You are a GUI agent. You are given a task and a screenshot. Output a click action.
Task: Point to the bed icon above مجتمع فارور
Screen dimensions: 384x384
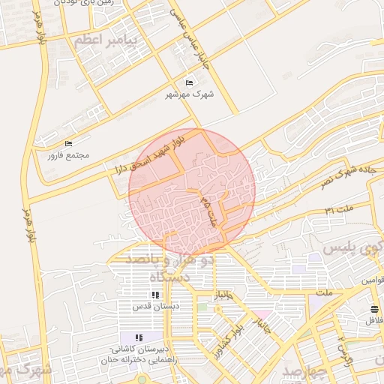click(x=69, y=143)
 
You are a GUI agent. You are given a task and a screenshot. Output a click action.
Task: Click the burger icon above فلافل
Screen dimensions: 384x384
click(x=373, y=309)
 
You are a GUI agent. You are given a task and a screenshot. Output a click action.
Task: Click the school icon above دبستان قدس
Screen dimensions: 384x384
click(x=155, y=295)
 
